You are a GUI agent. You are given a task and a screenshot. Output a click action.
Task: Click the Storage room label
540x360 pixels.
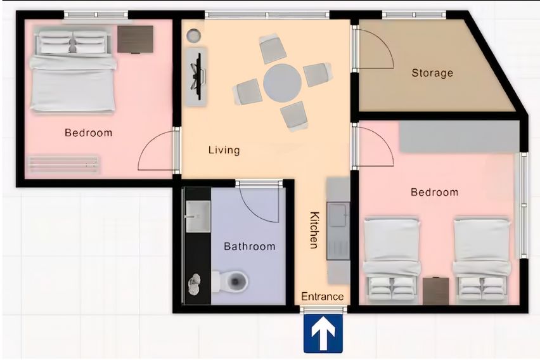(x=432, y=73)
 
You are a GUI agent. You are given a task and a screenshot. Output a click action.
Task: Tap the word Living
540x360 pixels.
(x=224, y=150)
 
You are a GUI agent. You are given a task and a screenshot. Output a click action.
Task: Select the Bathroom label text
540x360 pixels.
(x=250, y=247)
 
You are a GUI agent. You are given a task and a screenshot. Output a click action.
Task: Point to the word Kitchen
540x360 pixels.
(x=314, y=230)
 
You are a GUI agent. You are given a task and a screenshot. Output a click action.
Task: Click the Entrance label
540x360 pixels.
(x=323, y=296)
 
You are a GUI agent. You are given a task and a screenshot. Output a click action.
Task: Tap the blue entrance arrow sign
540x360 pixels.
(x=323, y=333)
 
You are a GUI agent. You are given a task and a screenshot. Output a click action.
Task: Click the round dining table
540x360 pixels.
(x=283, y=82)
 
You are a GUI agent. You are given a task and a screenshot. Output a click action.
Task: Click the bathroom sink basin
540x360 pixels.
(x=198, y=216)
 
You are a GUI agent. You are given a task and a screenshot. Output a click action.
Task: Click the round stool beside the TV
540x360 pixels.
(x=193, y=35)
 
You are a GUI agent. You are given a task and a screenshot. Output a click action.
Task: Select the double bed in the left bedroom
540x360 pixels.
(x=72, y=72)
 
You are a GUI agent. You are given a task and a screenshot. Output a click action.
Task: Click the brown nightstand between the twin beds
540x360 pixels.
(x=435, y=291)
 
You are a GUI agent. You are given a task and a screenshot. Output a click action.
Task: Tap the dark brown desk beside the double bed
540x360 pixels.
(x=136, y=39)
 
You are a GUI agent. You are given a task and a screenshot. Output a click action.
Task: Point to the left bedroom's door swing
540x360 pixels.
(x=157, y=151)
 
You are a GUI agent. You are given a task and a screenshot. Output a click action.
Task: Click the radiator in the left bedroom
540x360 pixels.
(x=63, y=164)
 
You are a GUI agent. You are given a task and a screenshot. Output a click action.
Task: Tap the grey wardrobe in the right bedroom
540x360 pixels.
(x=460, y=136)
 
